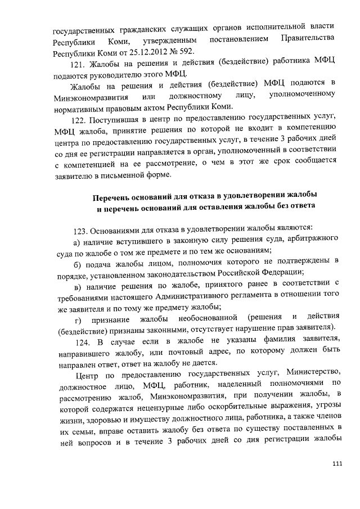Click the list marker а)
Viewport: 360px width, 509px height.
(x=77, y=242)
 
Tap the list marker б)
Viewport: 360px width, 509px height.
(x=77, y=263)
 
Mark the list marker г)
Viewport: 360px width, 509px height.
(x=76, y=319)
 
